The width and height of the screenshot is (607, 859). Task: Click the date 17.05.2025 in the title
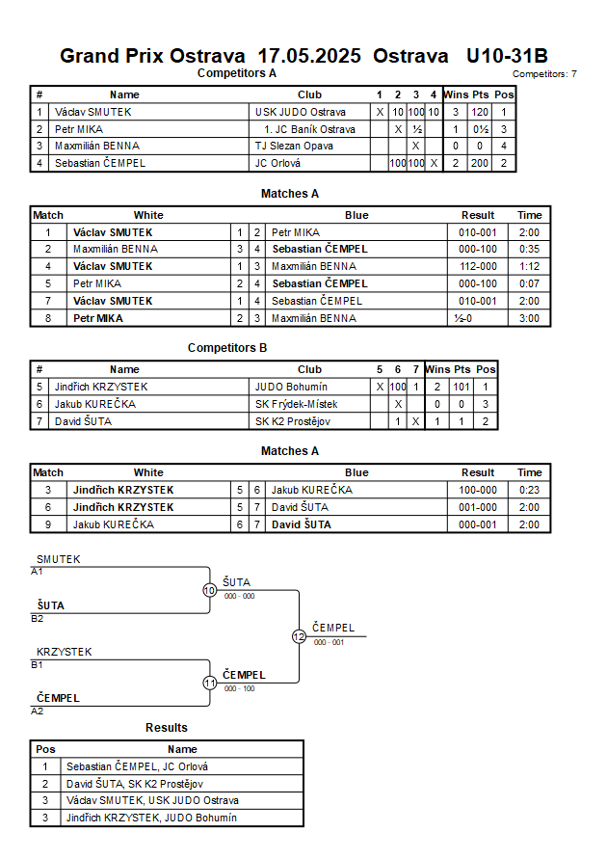coord(305,55)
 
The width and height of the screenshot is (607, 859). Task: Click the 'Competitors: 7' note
coord(544,73)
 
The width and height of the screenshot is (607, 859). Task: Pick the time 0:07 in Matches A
coord(529,283)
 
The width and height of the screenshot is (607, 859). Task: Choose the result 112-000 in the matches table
coord(477,266)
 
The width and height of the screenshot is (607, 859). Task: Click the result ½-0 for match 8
coord(477,318)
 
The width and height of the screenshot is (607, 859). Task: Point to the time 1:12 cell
coord(529,266)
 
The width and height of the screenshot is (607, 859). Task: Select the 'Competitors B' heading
coord(227,348)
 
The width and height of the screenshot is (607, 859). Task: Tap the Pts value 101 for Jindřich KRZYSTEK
coord(462,387)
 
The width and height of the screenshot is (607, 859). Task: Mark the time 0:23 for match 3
coord(529,490)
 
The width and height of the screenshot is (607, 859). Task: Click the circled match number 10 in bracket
coord(209,590)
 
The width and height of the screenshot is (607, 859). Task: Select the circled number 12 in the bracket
coord(299,636)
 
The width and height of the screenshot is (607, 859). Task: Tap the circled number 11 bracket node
coord(209,683)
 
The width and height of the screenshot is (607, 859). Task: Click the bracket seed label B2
coord(38,618)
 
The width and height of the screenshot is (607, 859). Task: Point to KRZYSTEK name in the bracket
coord(65,652)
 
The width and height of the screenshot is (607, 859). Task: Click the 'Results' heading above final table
coord(167,727)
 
